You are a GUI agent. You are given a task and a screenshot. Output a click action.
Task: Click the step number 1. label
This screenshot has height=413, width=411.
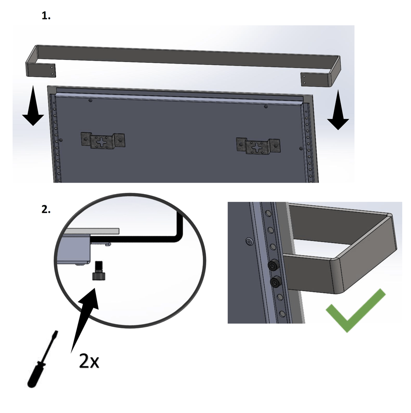46,16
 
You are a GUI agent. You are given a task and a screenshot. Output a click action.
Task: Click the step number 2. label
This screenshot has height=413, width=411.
46,209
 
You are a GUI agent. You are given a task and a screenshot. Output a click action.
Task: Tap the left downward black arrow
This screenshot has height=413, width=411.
33,105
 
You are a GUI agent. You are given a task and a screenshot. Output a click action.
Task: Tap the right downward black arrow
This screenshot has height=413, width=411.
338,110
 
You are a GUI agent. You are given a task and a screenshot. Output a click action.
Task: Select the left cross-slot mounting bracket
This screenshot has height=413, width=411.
103,140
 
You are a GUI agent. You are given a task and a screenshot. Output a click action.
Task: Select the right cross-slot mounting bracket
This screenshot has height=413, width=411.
258,146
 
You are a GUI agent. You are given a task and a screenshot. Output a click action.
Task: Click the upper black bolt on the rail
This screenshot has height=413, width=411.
273,265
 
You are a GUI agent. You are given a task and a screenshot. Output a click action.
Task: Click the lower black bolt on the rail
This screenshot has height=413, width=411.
276,282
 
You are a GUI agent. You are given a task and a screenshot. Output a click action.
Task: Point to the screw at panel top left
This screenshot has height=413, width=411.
90,100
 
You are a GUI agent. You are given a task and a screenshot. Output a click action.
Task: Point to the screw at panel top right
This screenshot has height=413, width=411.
266,106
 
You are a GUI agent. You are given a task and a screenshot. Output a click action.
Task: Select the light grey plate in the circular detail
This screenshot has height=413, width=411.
91,231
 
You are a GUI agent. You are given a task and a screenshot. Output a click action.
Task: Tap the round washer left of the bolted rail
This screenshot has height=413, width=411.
249,241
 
